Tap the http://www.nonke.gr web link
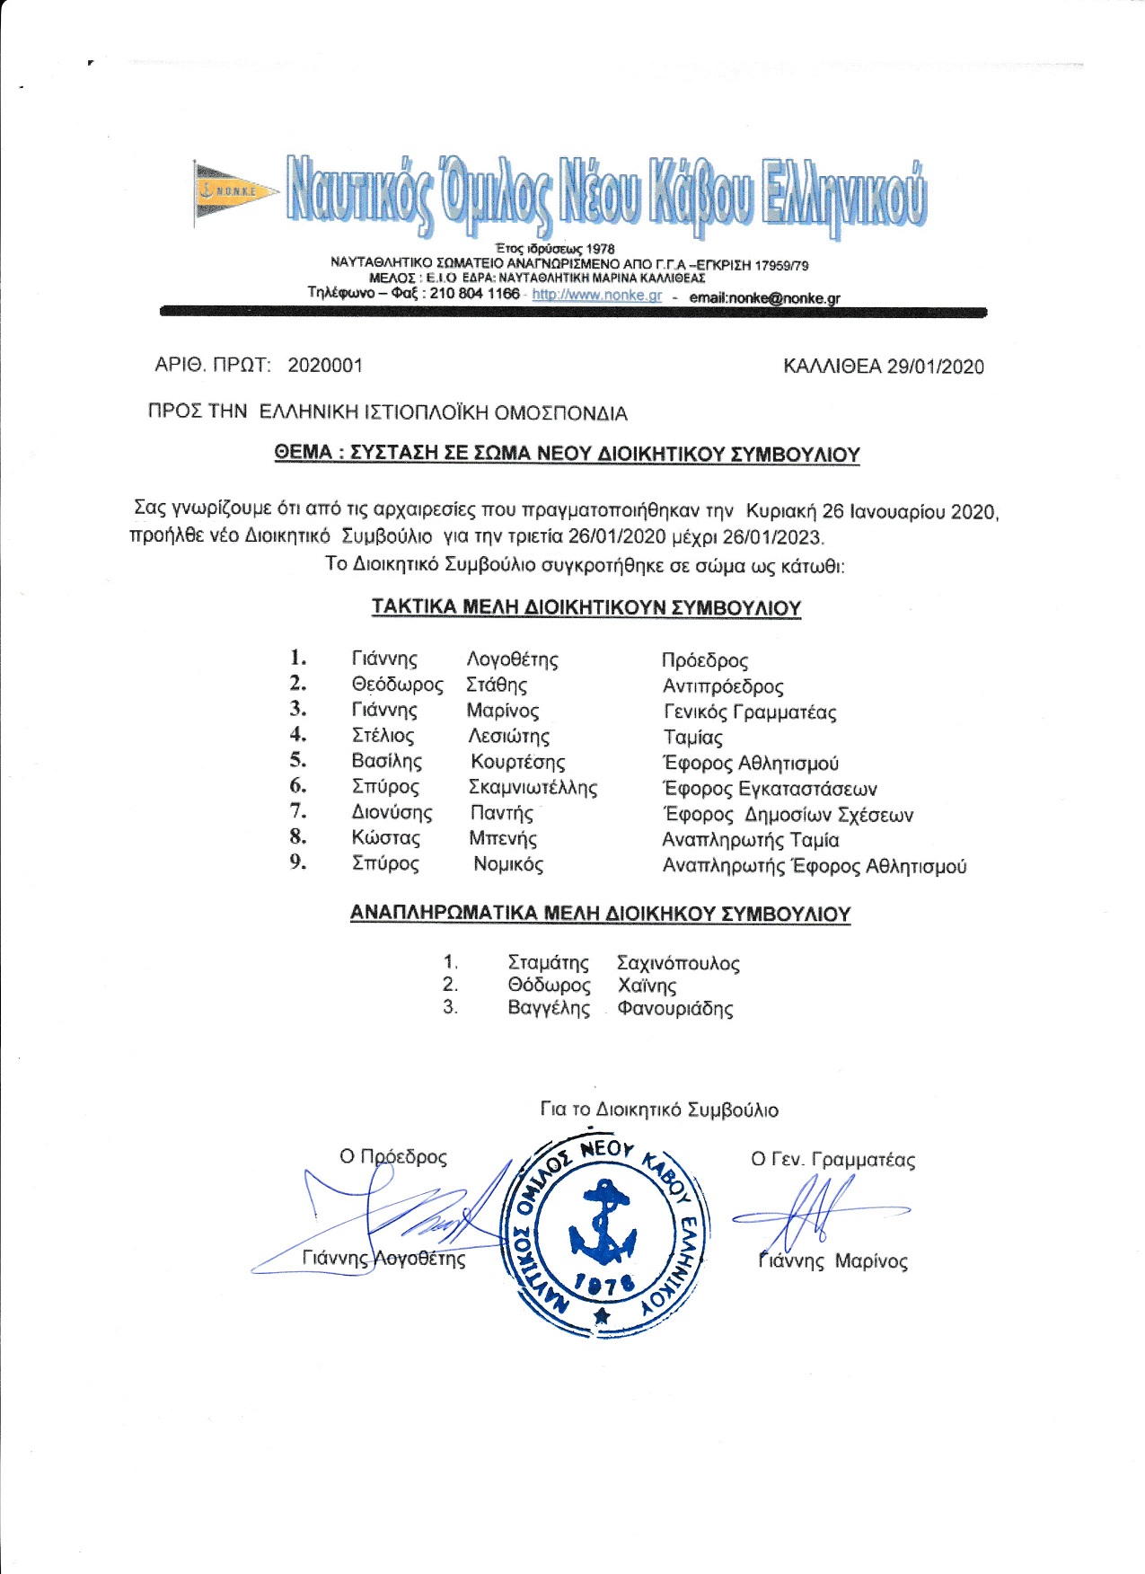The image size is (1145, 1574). point(596,295)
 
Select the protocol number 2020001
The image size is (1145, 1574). point(325,366)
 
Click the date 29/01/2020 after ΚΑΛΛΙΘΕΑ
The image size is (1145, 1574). point(935,367)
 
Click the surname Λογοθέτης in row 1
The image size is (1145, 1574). point(512,660)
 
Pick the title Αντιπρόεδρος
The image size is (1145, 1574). point(723,687)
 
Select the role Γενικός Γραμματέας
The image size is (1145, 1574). point(750,712)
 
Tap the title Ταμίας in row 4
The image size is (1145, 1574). point(692,738)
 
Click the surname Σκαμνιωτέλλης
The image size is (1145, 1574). point(533,788)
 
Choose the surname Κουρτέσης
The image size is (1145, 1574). point(517,763)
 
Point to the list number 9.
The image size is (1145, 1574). point(298,862)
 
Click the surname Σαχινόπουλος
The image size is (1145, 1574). point(678,964)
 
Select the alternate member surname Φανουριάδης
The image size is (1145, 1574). point(674,1008)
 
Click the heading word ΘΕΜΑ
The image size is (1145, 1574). point(303,454)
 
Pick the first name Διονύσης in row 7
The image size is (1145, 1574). point(392,813)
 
